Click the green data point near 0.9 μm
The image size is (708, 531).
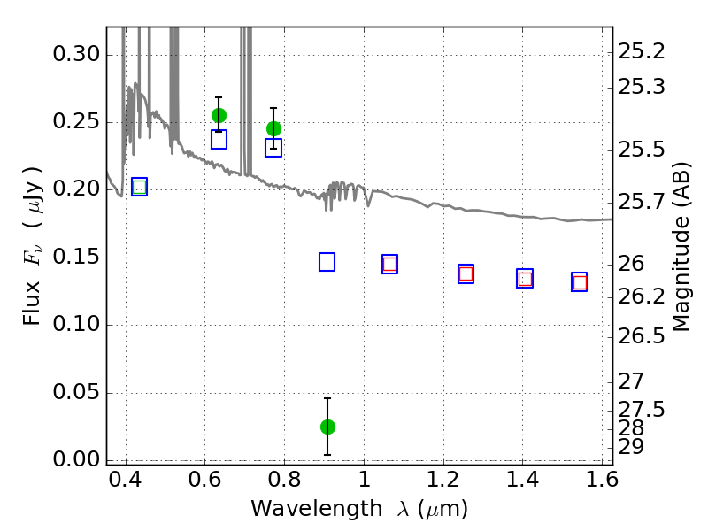(x=327, y=427)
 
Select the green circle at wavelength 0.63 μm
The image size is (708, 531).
(x=219, y=116)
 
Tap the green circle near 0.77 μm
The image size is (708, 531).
(x=273, y=128)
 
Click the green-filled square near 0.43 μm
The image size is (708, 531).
(x=140, y=187)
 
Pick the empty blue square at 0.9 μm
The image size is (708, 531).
(x=327, y=262)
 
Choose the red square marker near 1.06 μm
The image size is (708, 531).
(x=389, y=264)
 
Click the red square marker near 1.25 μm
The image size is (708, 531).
(x=466, y=273)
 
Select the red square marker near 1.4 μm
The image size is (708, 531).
(x=525, y=279)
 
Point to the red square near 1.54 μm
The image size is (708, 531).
(x=580, y=282)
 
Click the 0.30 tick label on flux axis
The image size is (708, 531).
(x=76, y=55)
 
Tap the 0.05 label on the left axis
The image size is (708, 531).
(x=76, y=391)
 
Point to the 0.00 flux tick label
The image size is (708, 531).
(x=76, y=459)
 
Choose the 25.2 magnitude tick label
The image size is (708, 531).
(x=642, y=52)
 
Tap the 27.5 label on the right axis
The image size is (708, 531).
(x=642, y=410)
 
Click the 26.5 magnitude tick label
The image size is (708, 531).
(x=642, y=336)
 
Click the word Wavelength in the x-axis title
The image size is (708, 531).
(x=317, y=509)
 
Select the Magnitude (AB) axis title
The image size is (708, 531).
(x=681, y=247)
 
